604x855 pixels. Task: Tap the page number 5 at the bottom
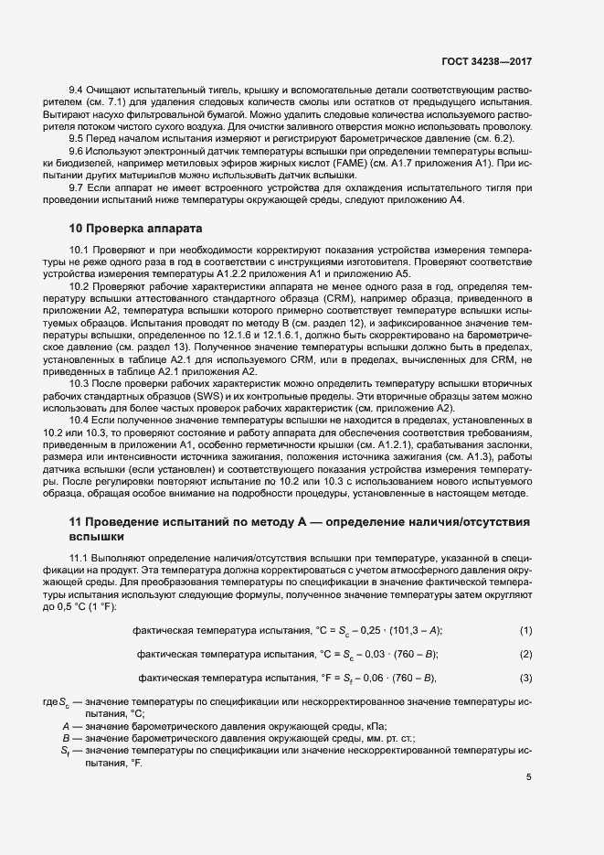(529, 777)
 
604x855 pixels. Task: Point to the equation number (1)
(525, 631)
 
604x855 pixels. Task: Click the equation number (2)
(525, 654)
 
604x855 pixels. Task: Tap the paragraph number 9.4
(79, 92)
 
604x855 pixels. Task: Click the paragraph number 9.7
(79, 187)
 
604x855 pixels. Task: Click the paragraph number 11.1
(81, 557)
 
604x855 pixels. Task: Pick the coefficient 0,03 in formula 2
(373, 654)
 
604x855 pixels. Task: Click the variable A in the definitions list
(67, 724)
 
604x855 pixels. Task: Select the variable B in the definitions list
(67, 736)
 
